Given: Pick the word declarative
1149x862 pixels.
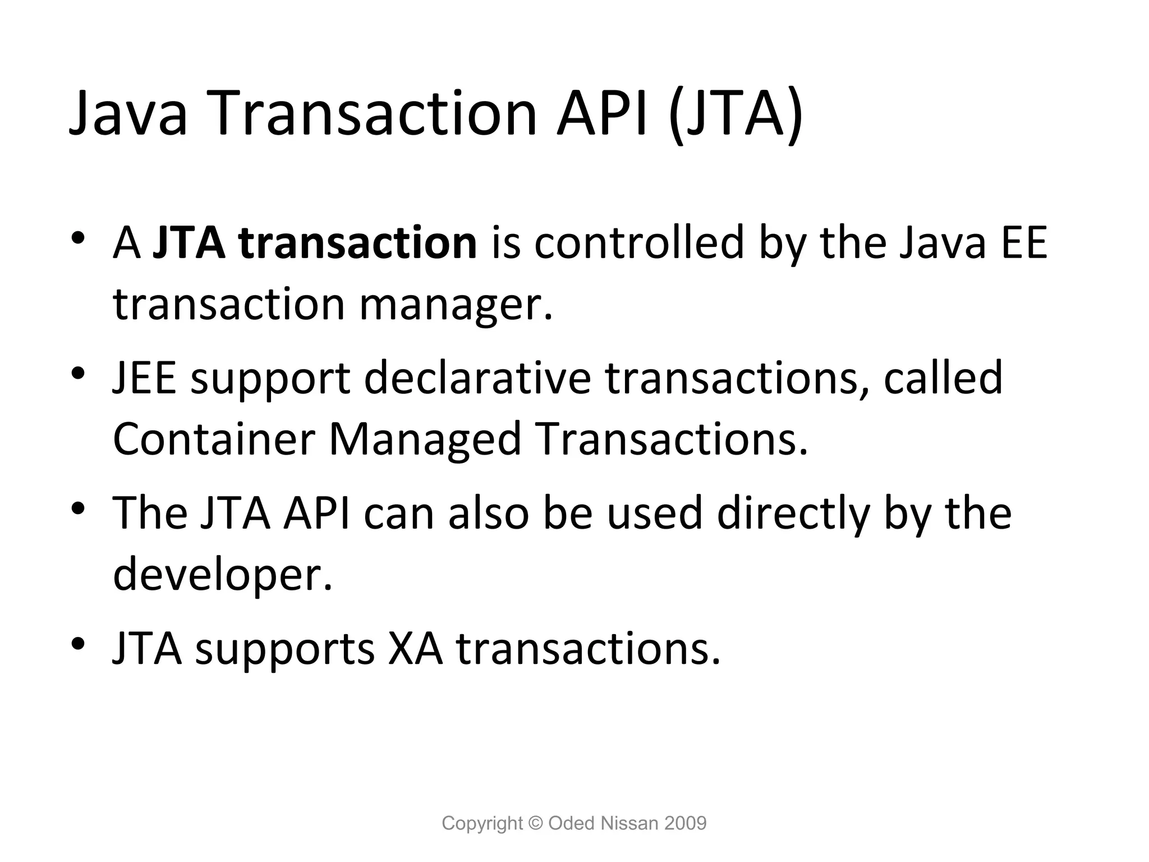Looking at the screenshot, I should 477,378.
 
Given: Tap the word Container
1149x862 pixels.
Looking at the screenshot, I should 214,439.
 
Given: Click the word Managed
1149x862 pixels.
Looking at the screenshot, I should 425,439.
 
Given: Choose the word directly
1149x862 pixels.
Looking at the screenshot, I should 793,513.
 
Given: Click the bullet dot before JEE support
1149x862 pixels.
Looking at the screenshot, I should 78,373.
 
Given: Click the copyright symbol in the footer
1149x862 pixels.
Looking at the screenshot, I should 536,823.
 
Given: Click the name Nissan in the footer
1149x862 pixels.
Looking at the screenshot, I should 628,823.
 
